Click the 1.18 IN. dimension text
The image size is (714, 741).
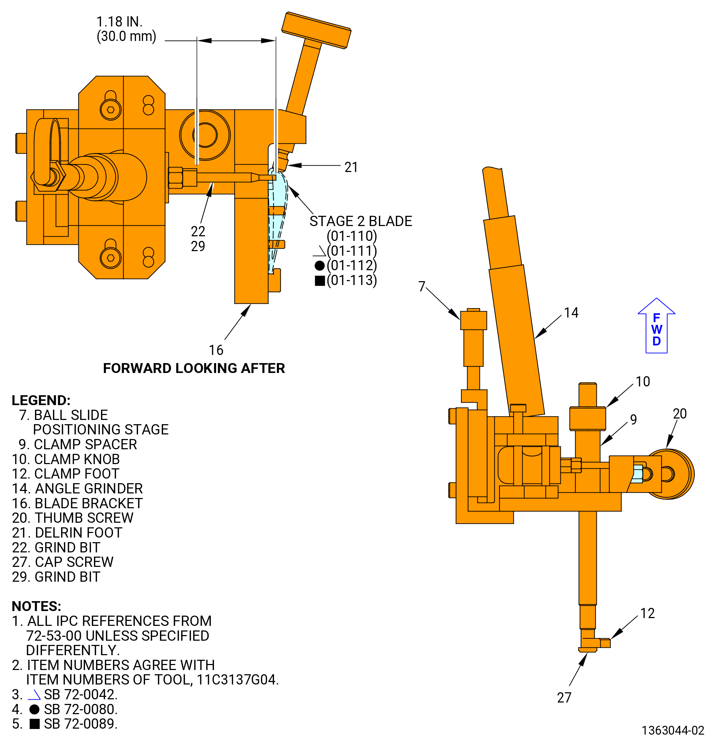119,22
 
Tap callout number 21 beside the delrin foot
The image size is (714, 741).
351,167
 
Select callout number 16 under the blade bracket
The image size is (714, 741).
216,350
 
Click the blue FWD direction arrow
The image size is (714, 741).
656,326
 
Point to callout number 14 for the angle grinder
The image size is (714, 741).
571,313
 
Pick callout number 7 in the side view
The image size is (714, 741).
422,286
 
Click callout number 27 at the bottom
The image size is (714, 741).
564,698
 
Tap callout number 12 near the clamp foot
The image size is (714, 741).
648,613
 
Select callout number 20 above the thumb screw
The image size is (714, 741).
680,414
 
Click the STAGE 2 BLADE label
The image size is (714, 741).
361,221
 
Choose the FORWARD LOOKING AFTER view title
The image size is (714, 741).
194,368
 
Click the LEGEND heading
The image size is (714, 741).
41,401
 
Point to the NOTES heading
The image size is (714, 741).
37,606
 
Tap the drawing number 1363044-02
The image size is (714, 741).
673,730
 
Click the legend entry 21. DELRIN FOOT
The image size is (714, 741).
67,533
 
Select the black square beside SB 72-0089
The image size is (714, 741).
35,724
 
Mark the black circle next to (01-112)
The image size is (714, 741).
320,266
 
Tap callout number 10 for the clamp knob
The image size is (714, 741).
643,381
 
